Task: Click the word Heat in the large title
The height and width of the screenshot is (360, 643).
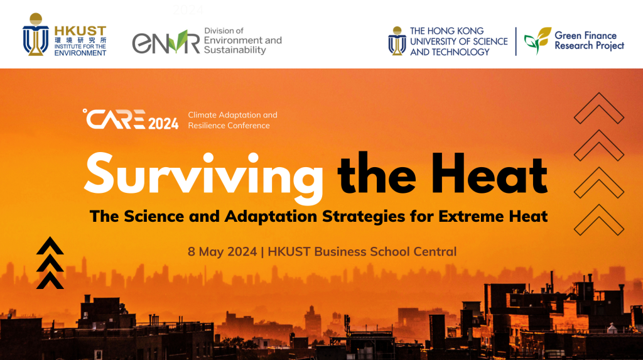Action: pyautogui.click(x=489, y=173)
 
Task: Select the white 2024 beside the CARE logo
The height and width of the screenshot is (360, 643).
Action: pyautogui.click(x=163, y=123)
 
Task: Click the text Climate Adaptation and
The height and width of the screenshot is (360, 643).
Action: pyautogui.click(x=232, y=115)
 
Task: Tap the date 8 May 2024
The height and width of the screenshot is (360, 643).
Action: pyautogui.click(x=222, y=251)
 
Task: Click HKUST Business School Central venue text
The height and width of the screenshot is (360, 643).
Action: pyautogui.click(x=362, y=251)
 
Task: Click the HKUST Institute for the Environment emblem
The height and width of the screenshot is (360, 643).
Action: pyautogui.click(x=36, y=35)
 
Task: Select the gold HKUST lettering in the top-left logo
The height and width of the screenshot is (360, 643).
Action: pyautogui.click(x=80, y=31)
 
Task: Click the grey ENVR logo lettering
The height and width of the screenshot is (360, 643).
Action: pyautogui.click(x=166, y=41)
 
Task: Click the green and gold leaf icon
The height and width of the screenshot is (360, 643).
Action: pyautogui.click(x=538, y=40)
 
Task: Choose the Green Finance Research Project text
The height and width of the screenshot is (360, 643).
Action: pyautogui.click(x=589, y=41)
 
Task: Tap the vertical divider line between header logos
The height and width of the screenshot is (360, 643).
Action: pyautogui.click(x=516, y=41)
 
